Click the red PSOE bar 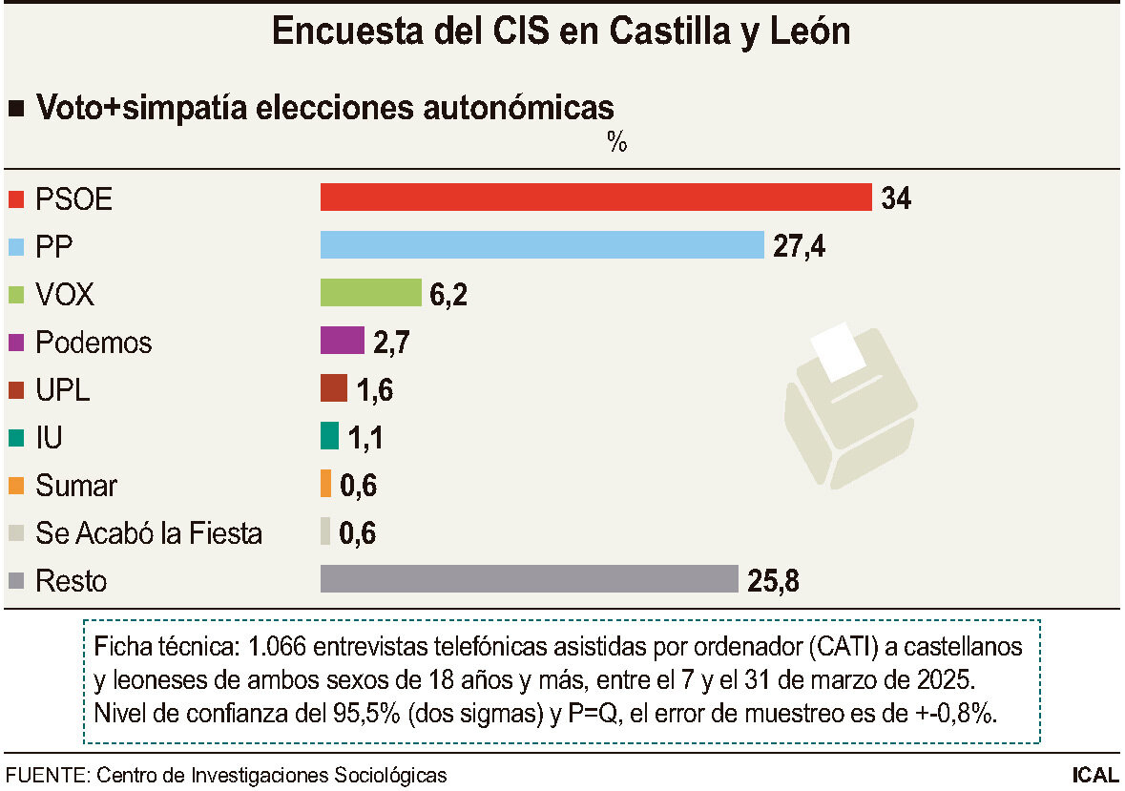pos(595,198)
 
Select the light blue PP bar pos(542,245)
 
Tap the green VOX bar pos(370,293)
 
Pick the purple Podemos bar pos(343,341)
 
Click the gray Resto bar pos(530,579)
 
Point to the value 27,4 pos(799,246)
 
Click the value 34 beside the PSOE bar pos(896,198)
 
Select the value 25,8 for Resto pos(773,580)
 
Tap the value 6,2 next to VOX pos(448,294)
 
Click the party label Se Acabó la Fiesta pos(148,532)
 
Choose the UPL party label pos(63,389)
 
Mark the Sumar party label pos(76,485)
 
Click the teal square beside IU pos(15,438)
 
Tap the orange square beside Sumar pos(15,486)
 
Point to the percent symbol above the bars pos(616,144)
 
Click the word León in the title pos(802,31)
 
